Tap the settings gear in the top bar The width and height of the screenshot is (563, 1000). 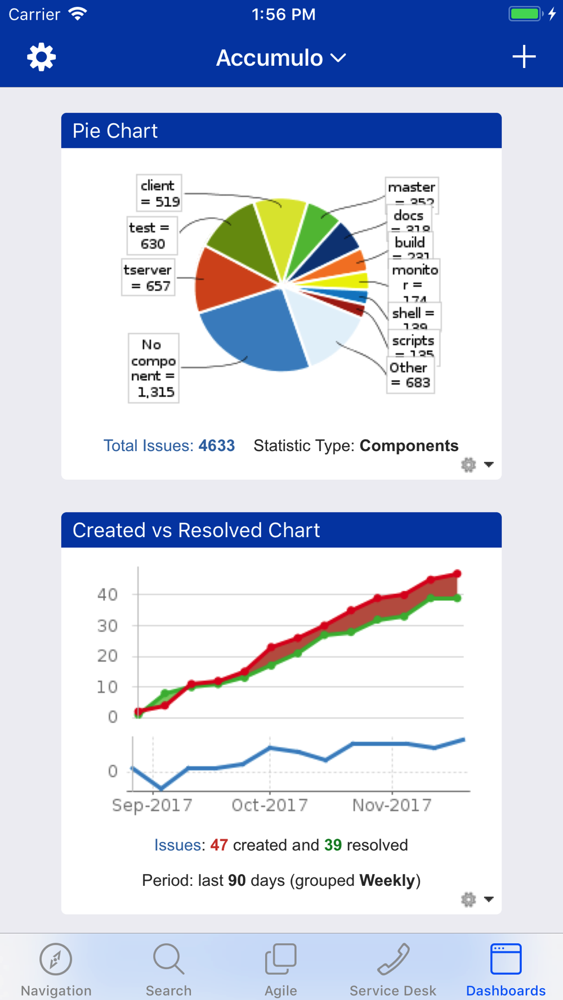[x=42, y=57]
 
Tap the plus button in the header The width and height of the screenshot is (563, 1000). [x=524, y=57]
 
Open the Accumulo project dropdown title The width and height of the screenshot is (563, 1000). [x=281, y=58]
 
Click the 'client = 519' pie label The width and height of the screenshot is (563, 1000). [x=159, y=193]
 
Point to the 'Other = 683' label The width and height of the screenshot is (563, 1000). [x=410, y=375]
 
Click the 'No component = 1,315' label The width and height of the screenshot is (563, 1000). [x=154, y=368]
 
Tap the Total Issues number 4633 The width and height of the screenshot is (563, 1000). [x=217, y=445]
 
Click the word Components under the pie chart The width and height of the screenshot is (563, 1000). [x=409, y=445]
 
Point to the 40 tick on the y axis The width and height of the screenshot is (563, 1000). [x=108, y=594]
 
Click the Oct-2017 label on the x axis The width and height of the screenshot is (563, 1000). [x=270, y=805]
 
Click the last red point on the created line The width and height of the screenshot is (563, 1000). [x=458, y=574]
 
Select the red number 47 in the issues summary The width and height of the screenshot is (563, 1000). [x=219, y=845]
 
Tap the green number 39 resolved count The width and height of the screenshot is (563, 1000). [x=333, y=845]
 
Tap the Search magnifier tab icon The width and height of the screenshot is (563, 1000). [x=168, y=960]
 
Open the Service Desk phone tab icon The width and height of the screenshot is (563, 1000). [x=393, y=960]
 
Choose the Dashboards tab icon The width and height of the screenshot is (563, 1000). [x=506, y=960]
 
